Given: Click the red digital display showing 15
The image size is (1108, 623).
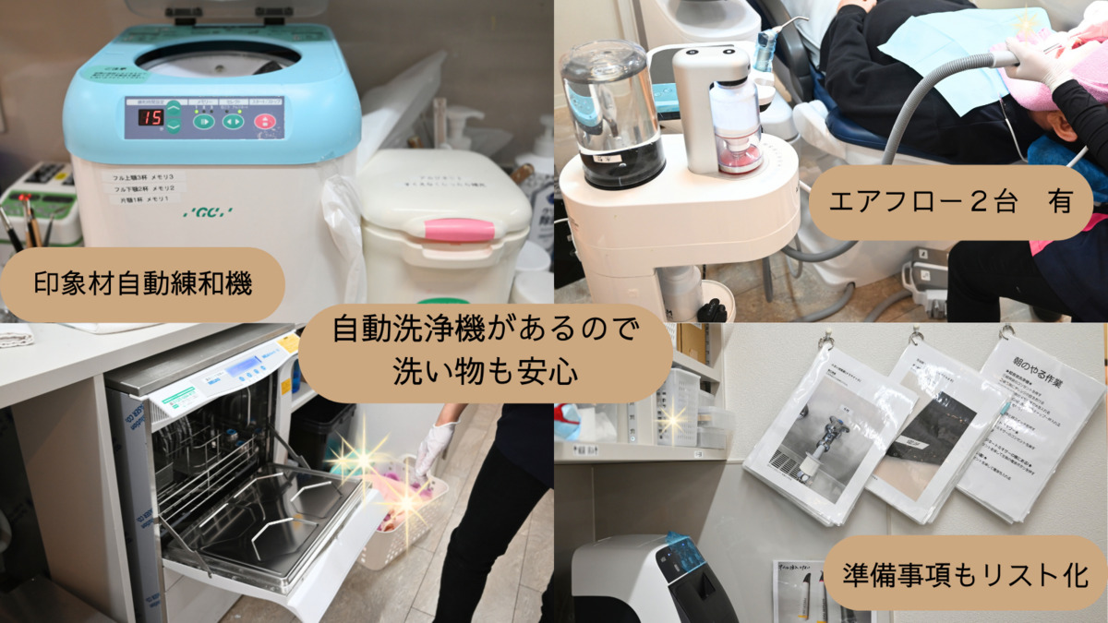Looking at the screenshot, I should click(x=151, y=117).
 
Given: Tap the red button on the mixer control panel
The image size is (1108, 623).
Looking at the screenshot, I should click(x=264, y=121).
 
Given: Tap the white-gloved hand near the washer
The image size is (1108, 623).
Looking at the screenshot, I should click(x=435, y=446).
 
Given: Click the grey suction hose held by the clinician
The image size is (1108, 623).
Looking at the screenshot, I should click(x=923, y=102).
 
